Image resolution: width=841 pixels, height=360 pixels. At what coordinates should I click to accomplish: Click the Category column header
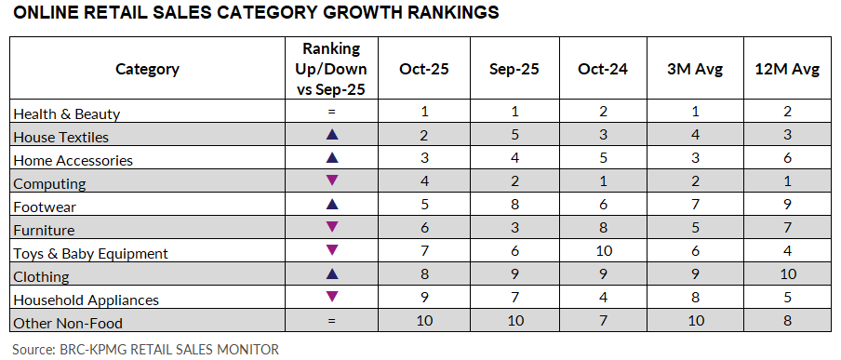click(x=147, y=69)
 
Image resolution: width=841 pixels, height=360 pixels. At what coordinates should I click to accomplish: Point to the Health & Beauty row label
click(x=67, y=113)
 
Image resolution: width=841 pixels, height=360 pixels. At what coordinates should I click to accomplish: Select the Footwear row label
click(x=45, y=207)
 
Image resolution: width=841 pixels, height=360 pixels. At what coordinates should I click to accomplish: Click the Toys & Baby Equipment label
click(x=90, y=253)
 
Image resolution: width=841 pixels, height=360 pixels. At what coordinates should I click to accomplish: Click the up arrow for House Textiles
click(x=331, y=136)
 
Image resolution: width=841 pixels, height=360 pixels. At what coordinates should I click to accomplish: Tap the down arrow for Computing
click(x=331, y=182)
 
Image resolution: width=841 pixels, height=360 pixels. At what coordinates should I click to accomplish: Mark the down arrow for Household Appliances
click(x=331, y=299)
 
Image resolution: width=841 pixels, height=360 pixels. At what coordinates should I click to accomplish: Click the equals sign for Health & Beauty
click(x=331, y=113)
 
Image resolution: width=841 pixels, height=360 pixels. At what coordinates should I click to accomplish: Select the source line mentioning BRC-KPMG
click(x=146, y=349)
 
